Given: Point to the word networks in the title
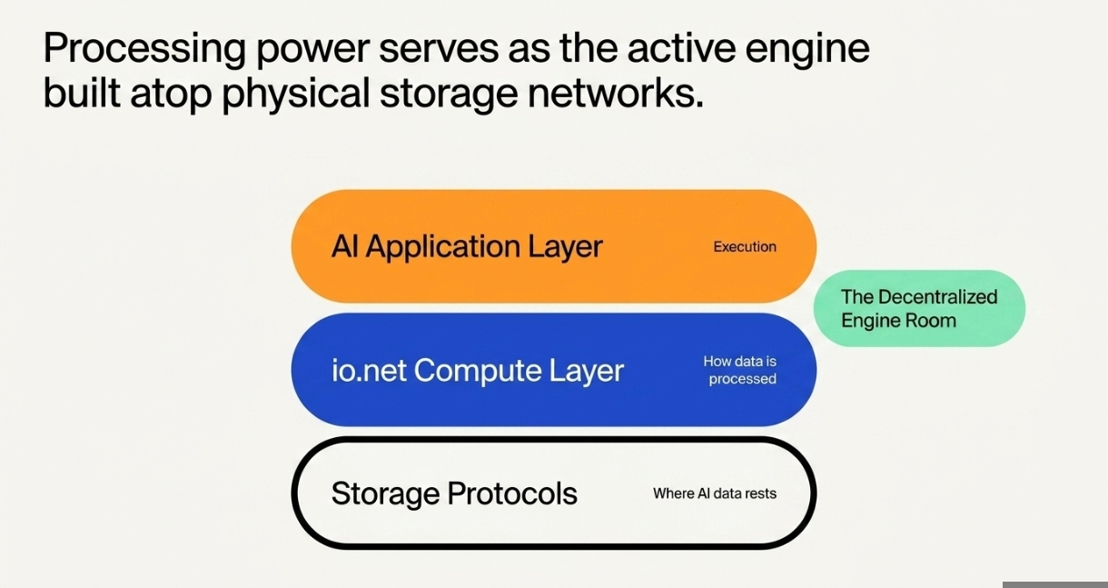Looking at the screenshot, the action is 616,93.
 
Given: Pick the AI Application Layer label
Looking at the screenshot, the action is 467,247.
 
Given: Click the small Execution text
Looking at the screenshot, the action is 745,247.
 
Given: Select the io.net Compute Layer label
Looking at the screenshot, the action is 478,370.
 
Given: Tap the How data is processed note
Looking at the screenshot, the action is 740,370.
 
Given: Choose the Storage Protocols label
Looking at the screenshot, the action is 454,493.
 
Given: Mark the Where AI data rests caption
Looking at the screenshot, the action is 715,493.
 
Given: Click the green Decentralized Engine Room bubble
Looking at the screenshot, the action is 919,308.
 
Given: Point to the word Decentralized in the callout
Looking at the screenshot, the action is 937,297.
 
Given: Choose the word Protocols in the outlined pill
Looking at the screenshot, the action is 512,493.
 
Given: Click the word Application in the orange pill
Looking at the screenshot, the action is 442,247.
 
